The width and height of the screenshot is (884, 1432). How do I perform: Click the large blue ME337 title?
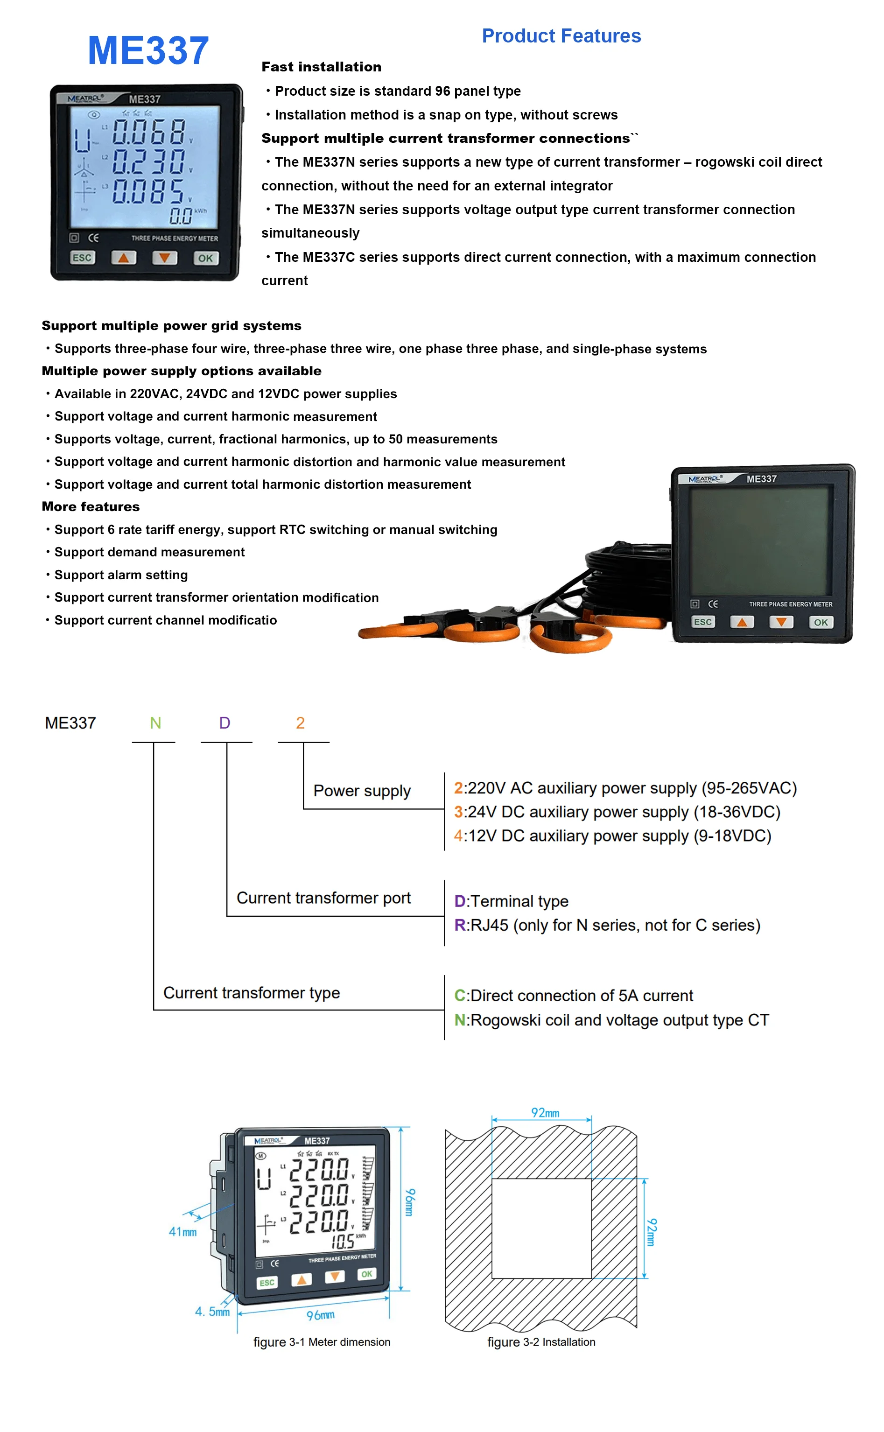(x=148, y=51)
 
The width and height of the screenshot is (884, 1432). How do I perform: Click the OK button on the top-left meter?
(x=205, y=258)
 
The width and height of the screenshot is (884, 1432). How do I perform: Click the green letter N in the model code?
(x=155, y=723)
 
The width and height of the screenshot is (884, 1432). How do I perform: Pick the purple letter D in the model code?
(x=225, y=723)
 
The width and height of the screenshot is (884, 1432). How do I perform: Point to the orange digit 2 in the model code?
(x=300, y=723)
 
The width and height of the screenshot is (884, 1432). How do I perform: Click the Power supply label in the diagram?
(x=362, y=791)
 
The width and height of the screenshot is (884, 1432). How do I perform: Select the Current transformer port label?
(x=323, y=898)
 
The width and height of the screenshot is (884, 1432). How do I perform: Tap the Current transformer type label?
(x=252, y=993)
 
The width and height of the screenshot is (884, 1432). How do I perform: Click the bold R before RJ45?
(x=460, y=925)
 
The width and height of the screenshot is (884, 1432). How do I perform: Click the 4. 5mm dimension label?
(x=212, y=1312)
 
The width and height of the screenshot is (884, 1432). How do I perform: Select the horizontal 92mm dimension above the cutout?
(x=545, y=1113)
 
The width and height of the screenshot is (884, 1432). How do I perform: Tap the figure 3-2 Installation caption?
(x=541, y=1342)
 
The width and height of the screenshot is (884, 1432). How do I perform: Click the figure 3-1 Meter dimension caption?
(x=322, y=1342)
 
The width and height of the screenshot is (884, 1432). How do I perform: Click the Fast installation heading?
(x=321, y=67)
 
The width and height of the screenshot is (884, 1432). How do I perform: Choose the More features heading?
(x=91, y=507)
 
